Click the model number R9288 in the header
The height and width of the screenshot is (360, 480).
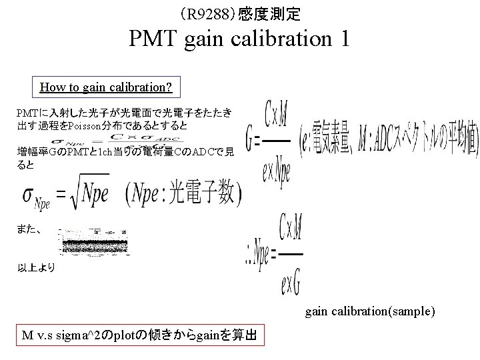pyautogui.click(x=208, y=13)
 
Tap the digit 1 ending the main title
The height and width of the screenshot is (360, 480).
pyautogui.click(x=343, y=39)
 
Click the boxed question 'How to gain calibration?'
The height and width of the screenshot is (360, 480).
pyautogui.click(x=106, y=87)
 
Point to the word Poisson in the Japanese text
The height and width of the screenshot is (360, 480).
pyautogui.click(x=85, y=126)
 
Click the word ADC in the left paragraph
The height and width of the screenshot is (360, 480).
pyautogui.click(x=206, y=153)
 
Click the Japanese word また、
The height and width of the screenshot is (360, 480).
pyautogui.click(x=30, y=230)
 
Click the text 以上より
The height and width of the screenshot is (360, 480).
pyautogui.click(x=37, y=269)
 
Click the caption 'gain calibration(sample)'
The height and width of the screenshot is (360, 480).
pyautogui.click(x=370, y=311)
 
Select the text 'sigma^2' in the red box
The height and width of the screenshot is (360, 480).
pyautogui.click(x=93, y=335)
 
